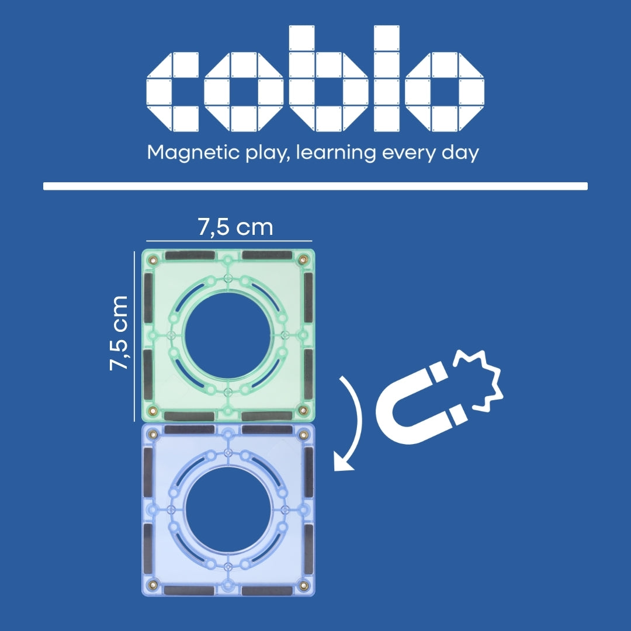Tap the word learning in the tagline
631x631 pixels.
click(335, 153)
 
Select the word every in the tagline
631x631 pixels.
click(408, 154)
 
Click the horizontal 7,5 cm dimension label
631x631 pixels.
click(235, 227)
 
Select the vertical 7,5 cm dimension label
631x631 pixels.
click(119, 333)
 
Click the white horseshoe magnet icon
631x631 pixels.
click(421, 404)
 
